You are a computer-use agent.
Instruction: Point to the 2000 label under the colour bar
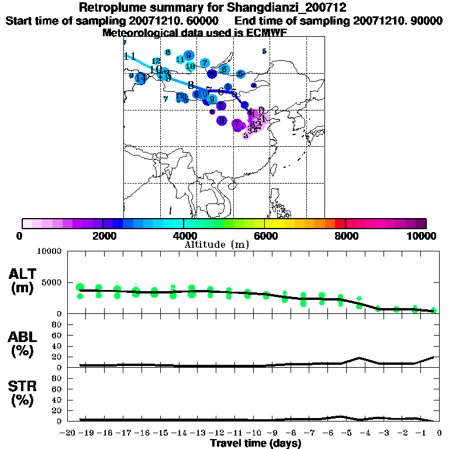(103, 236)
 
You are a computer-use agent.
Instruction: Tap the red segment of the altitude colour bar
(340, 223)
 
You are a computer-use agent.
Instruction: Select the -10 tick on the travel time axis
(254, 433)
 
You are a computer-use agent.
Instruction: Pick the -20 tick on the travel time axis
(68, 433)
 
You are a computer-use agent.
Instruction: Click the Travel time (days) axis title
(255, 444)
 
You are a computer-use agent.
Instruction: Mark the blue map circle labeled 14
(140, 78)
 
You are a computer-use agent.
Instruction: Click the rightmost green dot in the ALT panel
(434, 310)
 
